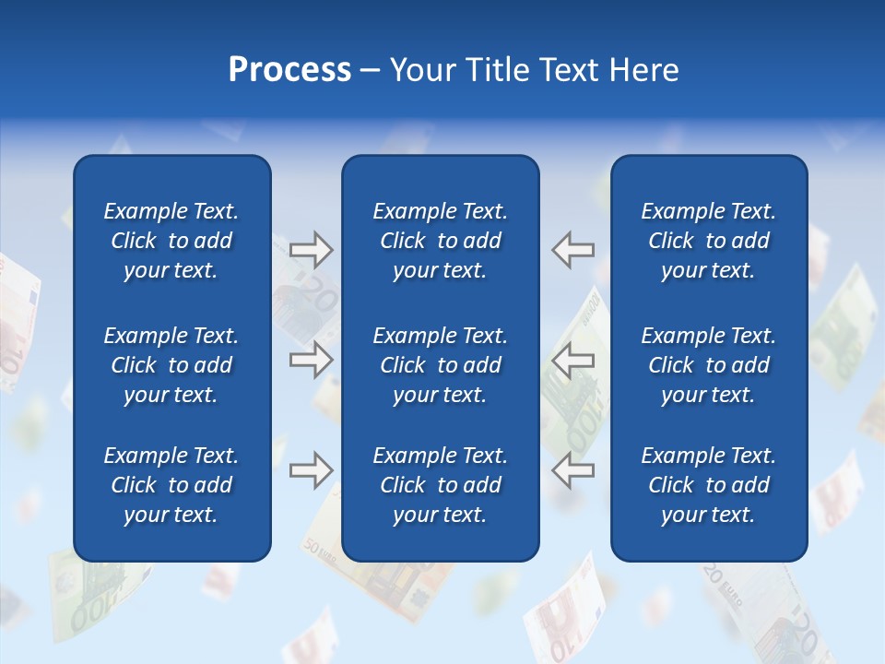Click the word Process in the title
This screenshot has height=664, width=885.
289,70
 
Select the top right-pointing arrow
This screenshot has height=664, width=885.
311,249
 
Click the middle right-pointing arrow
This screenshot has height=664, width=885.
311,360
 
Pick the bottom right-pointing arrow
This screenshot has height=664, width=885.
311,470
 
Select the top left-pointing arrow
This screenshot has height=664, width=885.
573,249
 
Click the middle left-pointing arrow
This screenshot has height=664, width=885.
573,360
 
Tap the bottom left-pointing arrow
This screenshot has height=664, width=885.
573,470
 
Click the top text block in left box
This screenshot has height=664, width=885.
171,241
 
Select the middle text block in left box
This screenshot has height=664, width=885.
171,365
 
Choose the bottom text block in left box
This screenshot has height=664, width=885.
171,485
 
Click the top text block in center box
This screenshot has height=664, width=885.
441,241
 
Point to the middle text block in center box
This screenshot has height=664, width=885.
441,365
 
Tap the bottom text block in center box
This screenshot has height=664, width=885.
441,485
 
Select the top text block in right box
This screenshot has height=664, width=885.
709,241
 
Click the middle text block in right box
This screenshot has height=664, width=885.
709,365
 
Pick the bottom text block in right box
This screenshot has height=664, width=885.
709,485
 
